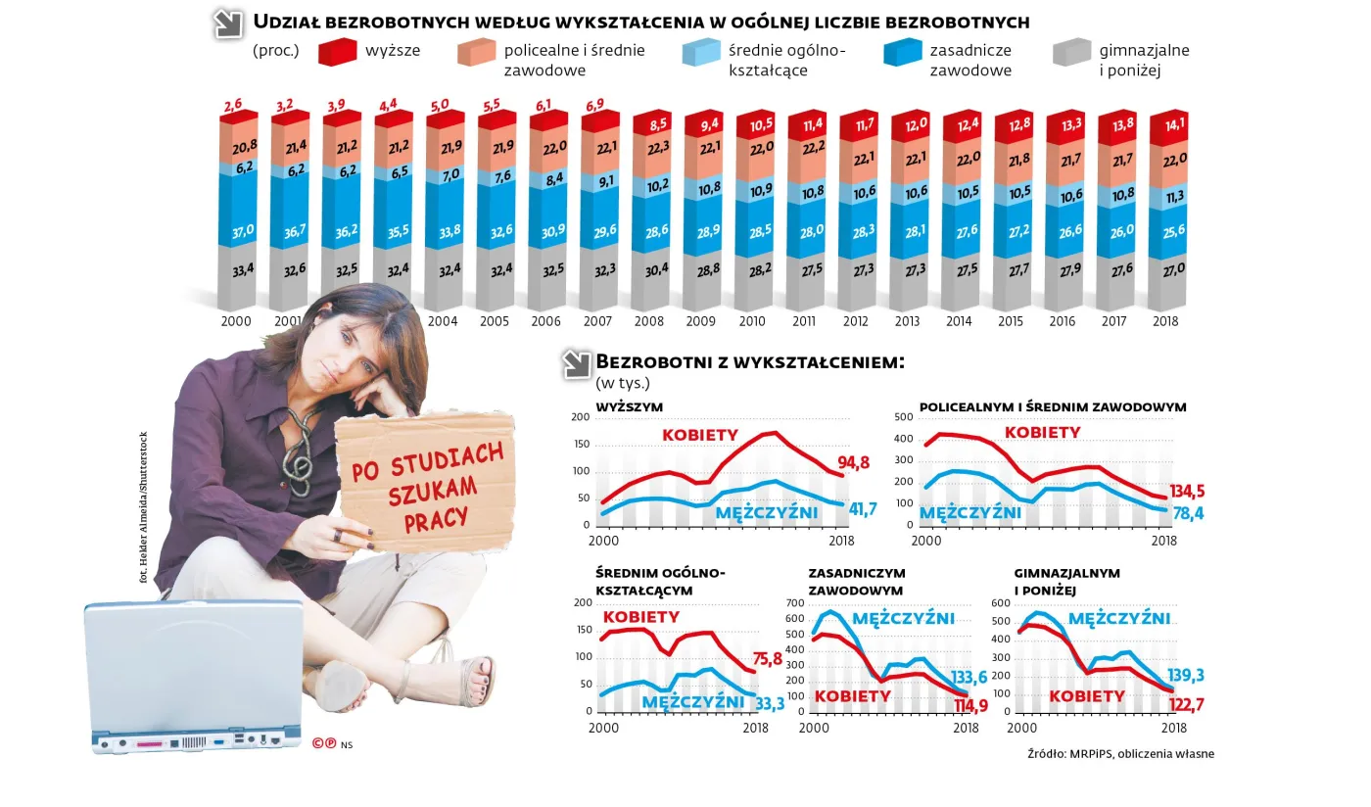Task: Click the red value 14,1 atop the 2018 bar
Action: [x=1166, y=123]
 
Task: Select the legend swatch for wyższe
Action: [x=337, y=52]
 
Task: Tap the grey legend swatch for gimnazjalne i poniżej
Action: [x=1071, y=52]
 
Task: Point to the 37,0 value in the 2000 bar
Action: [x=243, y=230]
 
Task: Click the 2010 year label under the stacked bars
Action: [x=752, y=321]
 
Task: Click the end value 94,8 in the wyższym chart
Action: [x=854, y=463]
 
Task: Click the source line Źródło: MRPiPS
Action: [x=1120, y=753]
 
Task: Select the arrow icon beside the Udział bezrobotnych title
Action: [x=229, y=24]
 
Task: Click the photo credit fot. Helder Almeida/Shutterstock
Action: [x=144, y=508]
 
